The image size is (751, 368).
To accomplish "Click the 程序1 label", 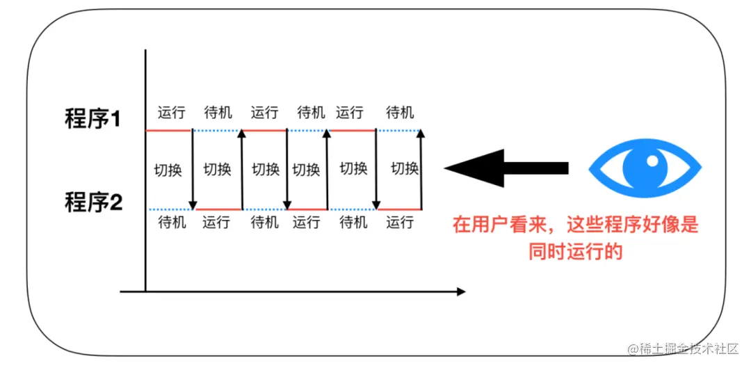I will coord(92,119).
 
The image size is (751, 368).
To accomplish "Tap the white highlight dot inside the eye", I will coord(652,160).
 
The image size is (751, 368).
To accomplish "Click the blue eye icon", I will coord(645,166).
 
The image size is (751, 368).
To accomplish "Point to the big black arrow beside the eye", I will coord(506,168).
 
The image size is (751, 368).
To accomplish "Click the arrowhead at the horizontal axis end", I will coord(460,291).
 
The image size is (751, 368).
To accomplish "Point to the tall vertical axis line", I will coord(145,174).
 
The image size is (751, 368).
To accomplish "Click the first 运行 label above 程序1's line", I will coord(171,113).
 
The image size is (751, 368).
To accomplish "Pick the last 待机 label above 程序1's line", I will coord(400,113).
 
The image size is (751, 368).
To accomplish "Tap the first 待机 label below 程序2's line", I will coord(172,223).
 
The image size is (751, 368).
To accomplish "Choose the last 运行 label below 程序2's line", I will coord(400,223).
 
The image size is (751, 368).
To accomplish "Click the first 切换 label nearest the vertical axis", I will coord(168,169).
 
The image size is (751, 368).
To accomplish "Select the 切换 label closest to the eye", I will coord(405,168).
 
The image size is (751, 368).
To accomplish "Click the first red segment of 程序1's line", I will coord(168,130).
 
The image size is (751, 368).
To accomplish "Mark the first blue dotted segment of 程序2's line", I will coord(170,209).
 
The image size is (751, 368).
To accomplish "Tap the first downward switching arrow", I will coord(193,169).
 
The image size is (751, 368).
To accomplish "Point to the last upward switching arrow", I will coord(421,169).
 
